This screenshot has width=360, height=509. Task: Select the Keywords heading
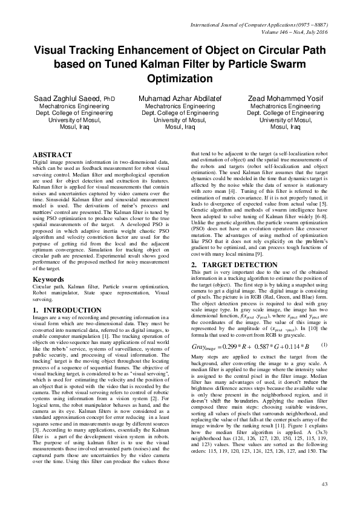pyautogui.click(x=48, y=280)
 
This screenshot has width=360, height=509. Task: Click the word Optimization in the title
pyautogui.click(x=180, y=79)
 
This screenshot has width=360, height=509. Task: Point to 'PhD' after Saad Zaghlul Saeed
pyautogui.click(x=108, y=99)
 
